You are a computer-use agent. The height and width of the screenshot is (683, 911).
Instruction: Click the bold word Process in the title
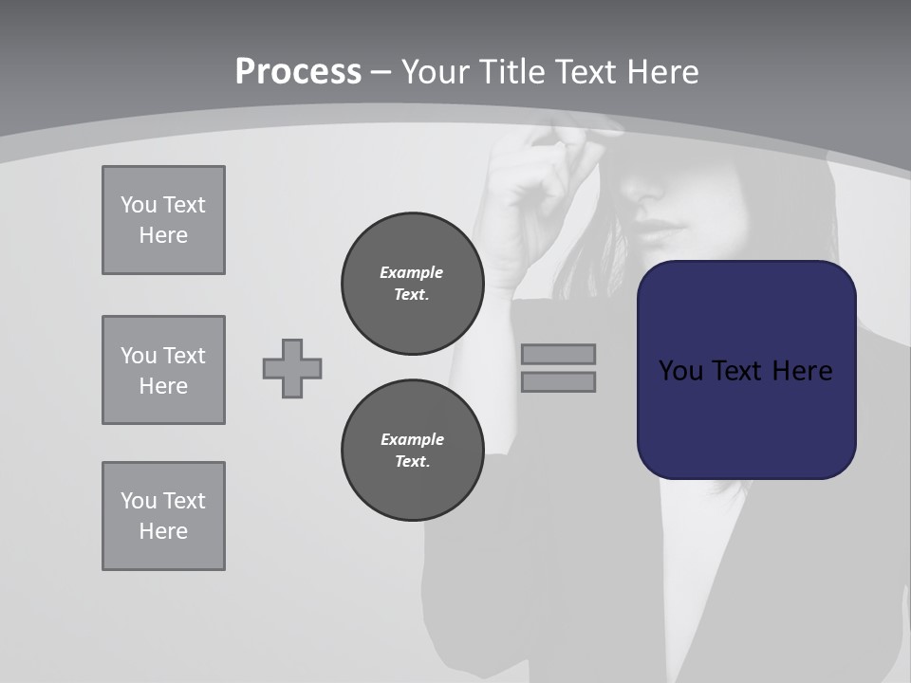click(x=298, y=71)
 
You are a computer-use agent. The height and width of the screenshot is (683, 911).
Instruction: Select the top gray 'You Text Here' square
click(x=163, y=220)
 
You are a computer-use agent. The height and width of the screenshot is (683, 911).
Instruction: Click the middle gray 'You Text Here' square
click(x=163, y=370)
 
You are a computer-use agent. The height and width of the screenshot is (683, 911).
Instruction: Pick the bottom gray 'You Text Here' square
click(x=163, y=515)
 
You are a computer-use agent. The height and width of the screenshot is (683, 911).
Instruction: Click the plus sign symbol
click(x=292, y=368)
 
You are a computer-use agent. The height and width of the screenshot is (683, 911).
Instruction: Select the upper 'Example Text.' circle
click(x=412, y=283)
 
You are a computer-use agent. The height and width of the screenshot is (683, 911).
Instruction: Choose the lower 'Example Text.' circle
click(x=412, y=450)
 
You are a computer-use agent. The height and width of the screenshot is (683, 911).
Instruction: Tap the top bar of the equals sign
click(x=558, y=354)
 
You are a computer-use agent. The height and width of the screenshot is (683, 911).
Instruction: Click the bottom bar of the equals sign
click(x=558, y=381)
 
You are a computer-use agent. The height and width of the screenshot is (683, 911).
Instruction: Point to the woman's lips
click(x=659, y=231)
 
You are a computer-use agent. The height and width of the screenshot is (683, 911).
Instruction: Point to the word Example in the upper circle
click(x=411, y=272)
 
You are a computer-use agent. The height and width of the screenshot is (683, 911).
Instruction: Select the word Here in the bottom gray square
click(x=163, y=531)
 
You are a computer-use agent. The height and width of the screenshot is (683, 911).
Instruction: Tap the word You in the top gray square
click(x=138, y=205)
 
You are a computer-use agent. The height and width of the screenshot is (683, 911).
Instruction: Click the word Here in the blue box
click(x=802, y=371)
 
